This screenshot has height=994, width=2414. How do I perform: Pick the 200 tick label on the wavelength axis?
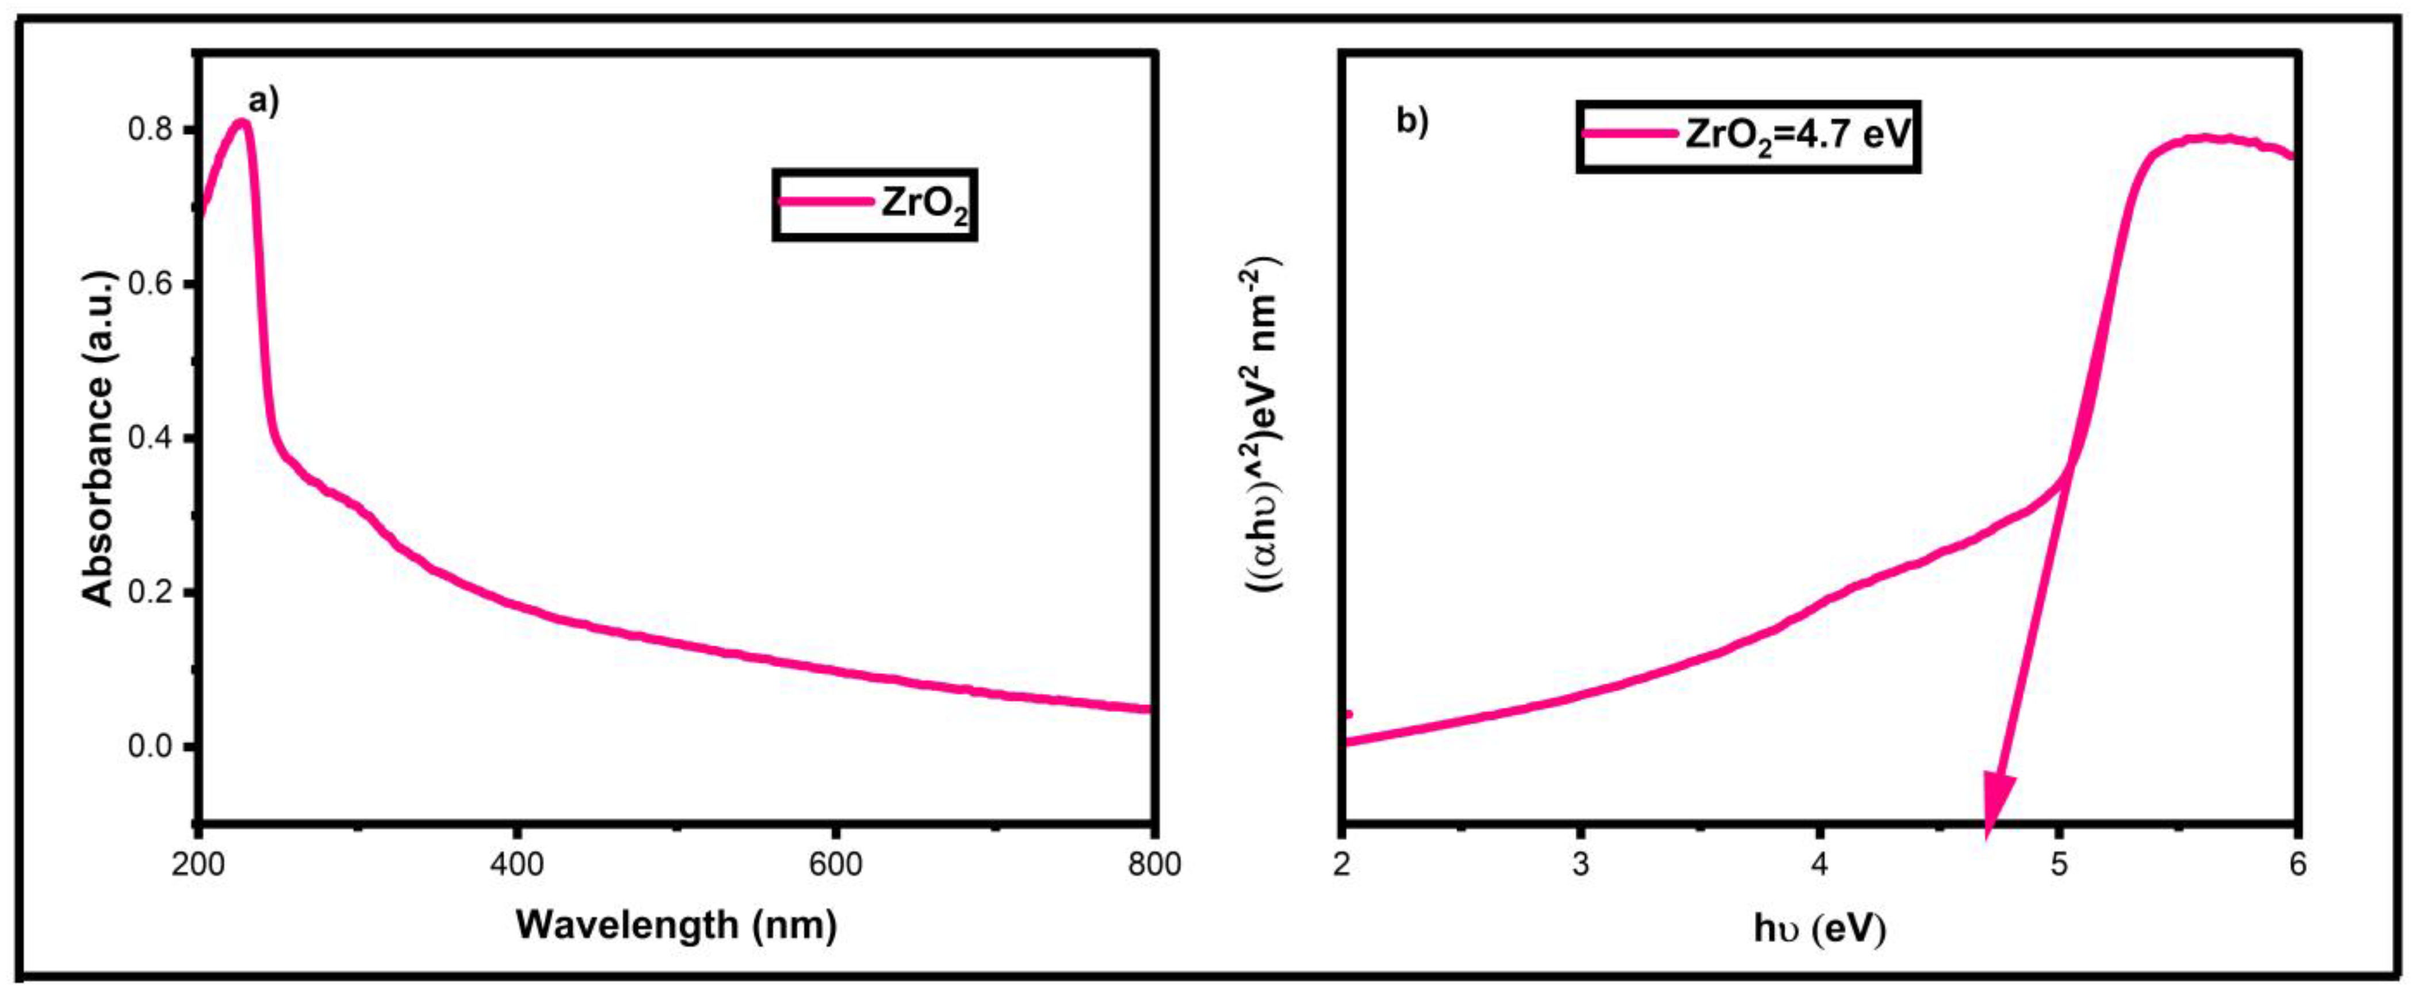[x=198, y=865]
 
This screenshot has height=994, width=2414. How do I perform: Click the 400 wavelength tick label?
[x=517, y=865]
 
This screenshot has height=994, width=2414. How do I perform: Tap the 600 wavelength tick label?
[x=835, y=865]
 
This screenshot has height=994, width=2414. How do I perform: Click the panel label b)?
[x=1412, y=123]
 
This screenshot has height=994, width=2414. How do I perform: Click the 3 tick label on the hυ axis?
[x=1582, y=865]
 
